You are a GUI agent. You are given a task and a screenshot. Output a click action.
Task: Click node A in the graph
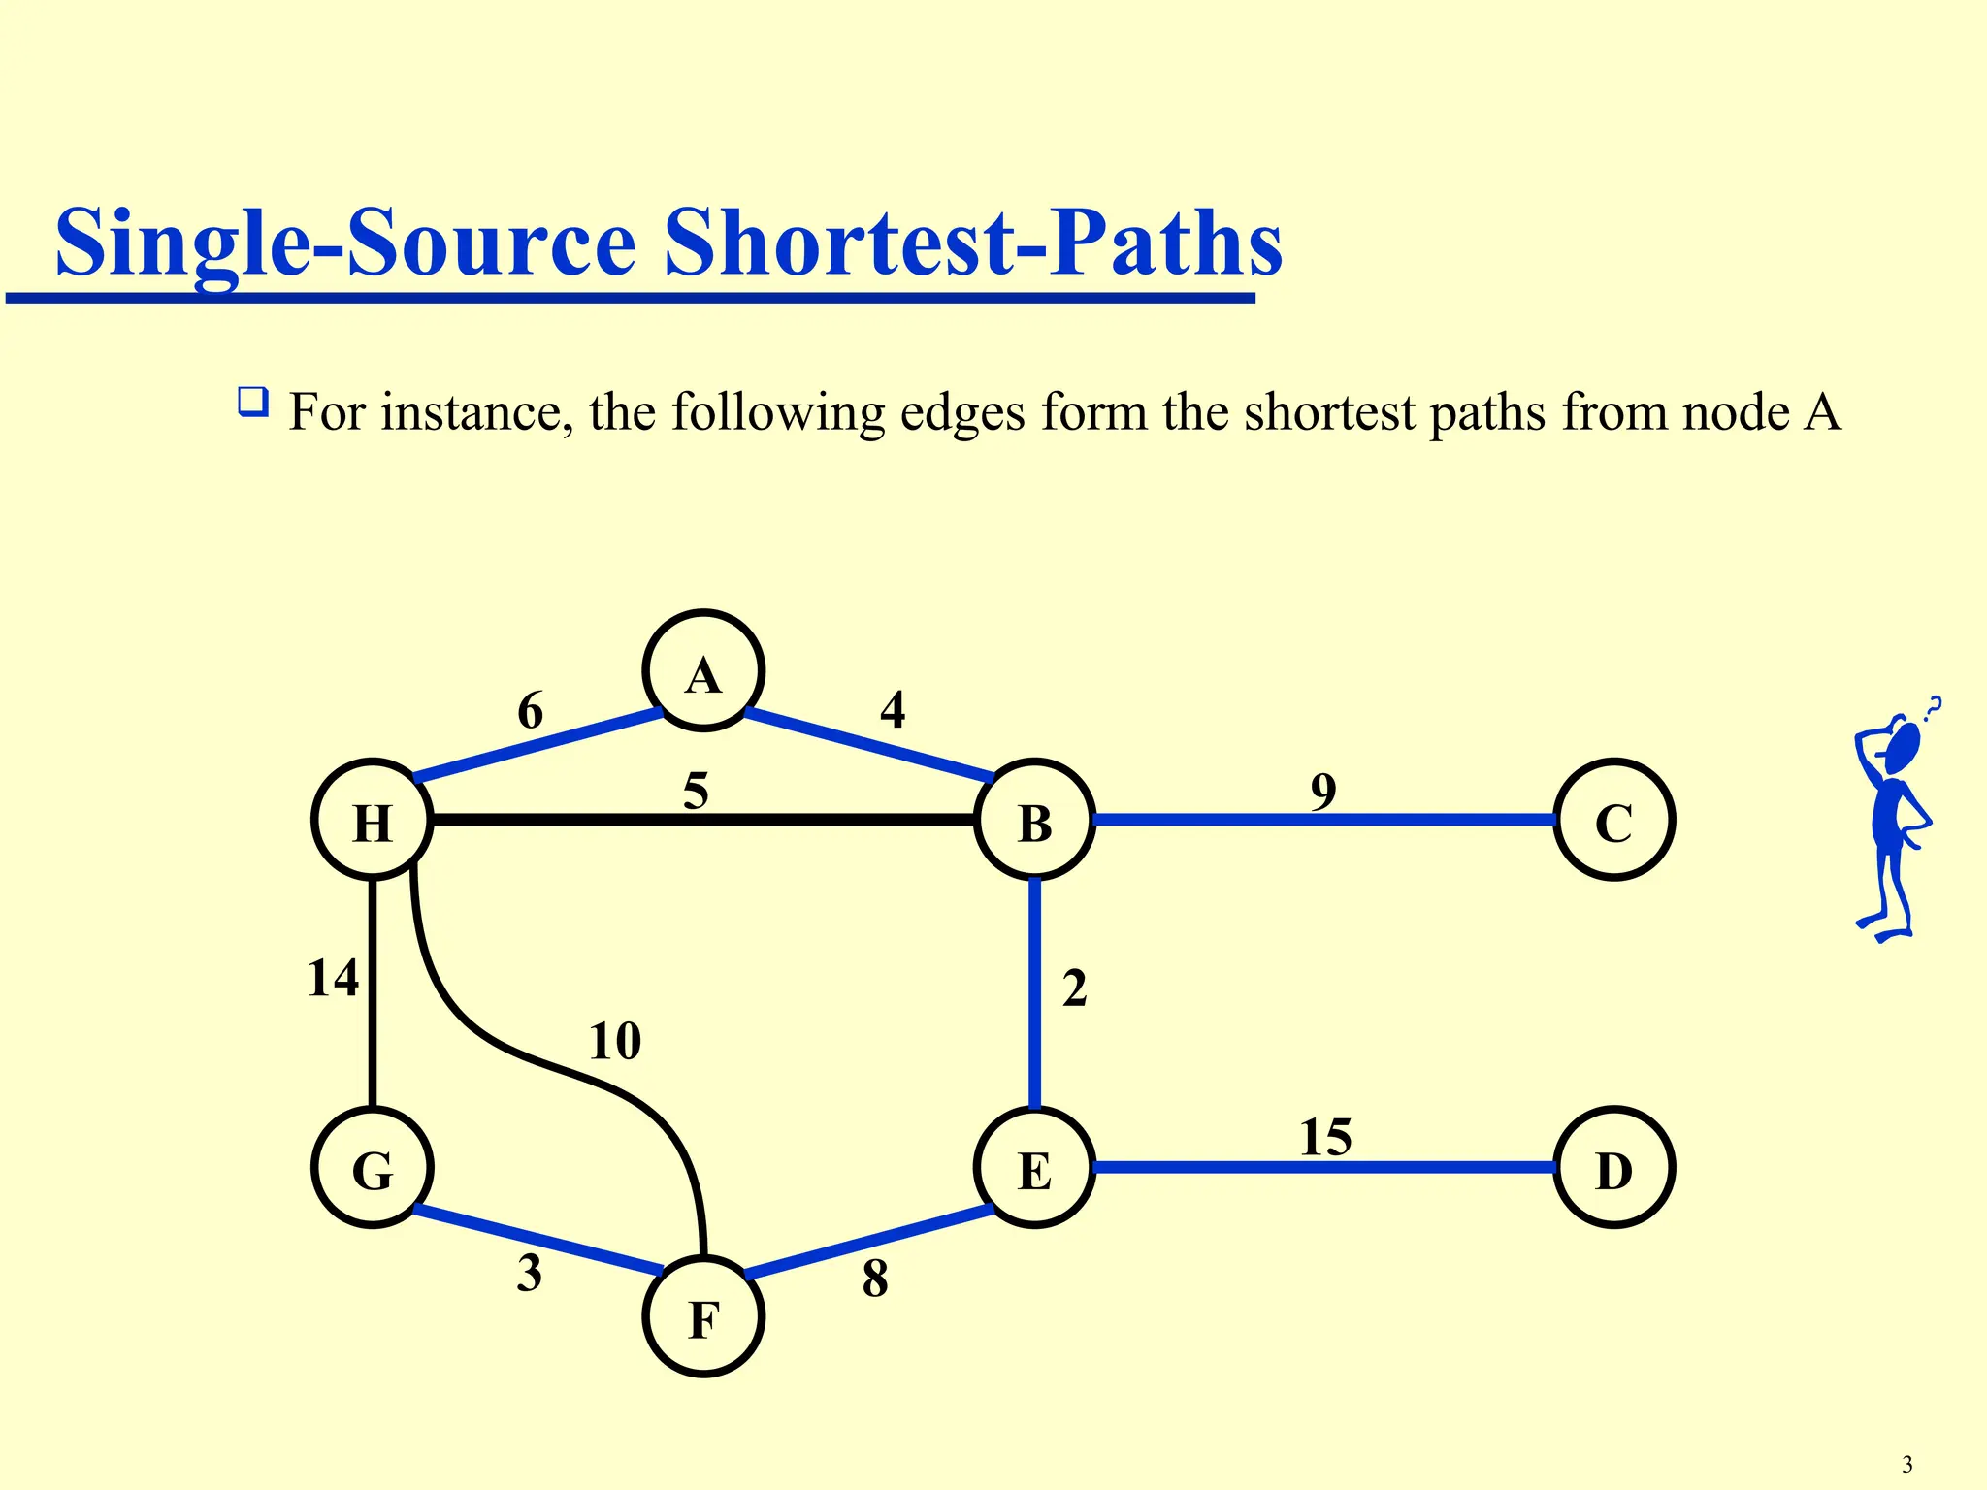(703, 670)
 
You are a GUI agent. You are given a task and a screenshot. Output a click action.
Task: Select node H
(373, 820)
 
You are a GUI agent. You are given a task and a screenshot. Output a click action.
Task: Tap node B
(1034, 820)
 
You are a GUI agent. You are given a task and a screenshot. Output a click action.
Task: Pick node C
(1613, 820)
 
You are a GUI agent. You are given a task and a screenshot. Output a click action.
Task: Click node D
(1613, 1167)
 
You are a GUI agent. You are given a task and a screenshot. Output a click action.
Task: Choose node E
(1034, 1167)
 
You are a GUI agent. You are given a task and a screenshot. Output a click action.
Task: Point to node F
(703, 1316)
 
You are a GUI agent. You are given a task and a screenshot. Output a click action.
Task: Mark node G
(373, 1167)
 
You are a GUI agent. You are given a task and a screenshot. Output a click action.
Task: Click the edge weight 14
(333, 978)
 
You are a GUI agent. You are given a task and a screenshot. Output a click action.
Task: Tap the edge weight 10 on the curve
(615, 1042)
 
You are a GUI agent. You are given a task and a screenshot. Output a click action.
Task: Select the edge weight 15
(1325, 1137)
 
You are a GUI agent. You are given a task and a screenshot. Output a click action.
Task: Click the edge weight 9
(1323, 792)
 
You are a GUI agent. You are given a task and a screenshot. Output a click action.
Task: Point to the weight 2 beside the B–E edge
(1074, 988)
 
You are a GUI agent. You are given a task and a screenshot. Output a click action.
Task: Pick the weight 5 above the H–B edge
(696, 791)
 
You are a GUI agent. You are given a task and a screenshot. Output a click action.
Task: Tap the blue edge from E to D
(1324, 1167)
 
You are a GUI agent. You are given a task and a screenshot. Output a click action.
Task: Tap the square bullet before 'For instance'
(252, 402)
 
